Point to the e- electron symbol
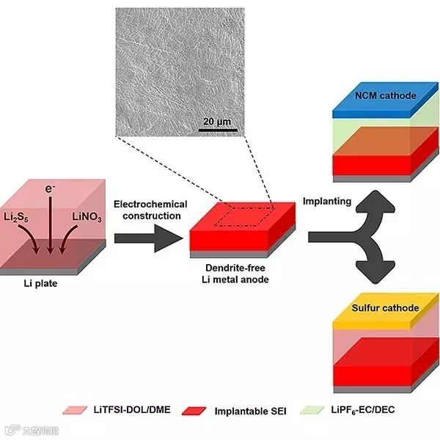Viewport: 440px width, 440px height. (50, 190)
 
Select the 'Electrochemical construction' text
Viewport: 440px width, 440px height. (151, 210)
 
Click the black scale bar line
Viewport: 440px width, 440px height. (217, 131)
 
